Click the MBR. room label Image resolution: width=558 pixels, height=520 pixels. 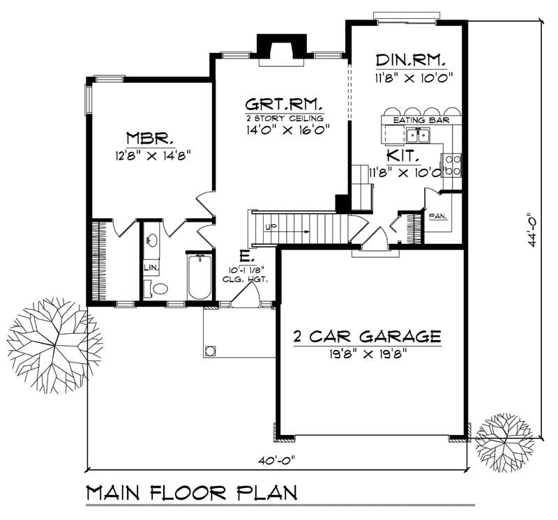[145, 136]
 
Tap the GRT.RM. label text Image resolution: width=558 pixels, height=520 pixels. [284, 105]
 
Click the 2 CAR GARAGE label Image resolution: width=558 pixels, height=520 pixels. [367, 337]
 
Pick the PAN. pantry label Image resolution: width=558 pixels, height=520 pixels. [438, 216]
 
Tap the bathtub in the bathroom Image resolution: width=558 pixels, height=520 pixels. [199, 277]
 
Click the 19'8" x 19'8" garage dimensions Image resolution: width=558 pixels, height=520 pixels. [367, 353]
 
